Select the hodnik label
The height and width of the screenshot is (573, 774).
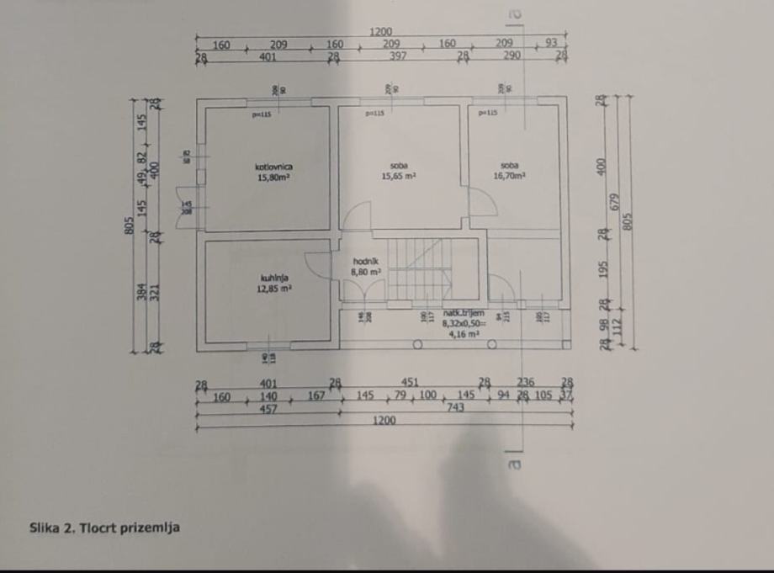366,262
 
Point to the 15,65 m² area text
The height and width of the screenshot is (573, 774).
399,177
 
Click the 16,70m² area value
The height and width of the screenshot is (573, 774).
510,177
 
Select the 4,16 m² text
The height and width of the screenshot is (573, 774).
461,333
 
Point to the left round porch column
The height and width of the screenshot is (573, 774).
416,344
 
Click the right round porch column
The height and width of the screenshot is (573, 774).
491,344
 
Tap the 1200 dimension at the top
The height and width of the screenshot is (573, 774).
380,32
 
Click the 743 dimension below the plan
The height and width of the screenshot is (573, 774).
456,407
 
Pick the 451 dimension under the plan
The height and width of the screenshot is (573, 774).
411,383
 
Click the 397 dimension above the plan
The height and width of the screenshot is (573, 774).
398,56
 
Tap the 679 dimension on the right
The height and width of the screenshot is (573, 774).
615,203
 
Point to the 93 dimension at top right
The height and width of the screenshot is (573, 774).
552,43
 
